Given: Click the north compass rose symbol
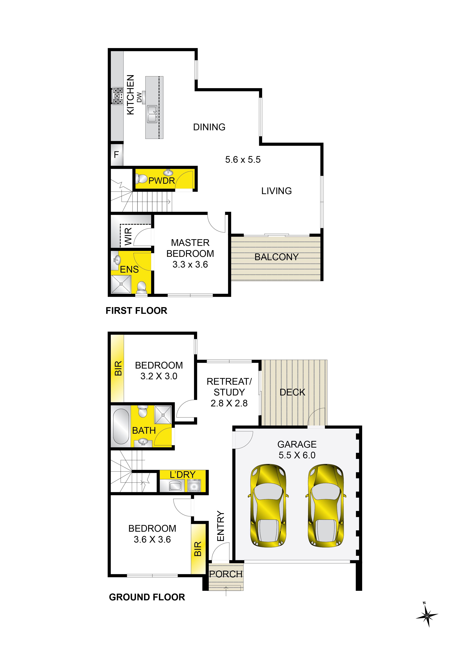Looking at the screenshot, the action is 427,615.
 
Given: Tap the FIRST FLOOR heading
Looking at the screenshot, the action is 136,311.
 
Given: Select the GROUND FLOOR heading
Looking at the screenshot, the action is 147,597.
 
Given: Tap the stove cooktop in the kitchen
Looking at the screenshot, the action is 118,96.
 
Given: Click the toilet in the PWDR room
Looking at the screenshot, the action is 141,179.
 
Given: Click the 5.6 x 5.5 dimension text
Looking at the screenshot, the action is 243,160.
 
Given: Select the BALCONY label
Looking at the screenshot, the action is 277,257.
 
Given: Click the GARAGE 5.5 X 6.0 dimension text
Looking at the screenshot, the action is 297,450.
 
